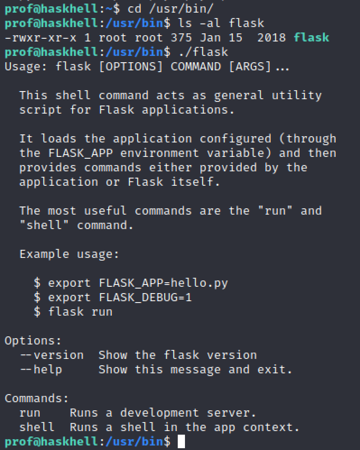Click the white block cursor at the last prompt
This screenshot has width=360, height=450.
[x=181, y=441]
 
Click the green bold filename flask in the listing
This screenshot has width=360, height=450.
[x=311, y=37]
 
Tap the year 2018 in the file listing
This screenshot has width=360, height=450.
[x=272, y=37]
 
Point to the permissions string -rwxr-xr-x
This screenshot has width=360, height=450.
[x=41, y=37]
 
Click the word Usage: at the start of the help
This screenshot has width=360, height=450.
[x=26, y=67]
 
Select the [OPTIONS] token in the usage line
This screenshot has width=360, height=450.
[x=131, y=67]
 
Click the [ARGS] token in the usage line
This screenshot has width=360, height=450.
[x=250, y=67]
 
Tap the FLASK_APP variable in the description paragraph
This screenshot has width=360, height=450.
[x=80, y=153]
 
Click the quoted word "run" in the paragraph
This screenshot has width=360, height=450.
[x=275, y=211]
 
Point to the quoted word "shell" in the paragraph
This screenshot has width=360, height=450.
[x=44, y=225]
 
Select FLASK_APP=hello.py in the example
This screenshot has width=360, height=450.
[x=163, y=283]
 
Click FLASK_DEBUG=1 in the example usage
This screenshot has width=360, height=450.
[x=145, y=298]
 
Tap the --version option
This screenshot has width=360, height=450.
[x=52, y=355]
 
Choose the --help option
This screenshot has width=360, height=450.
[x=41, y=370]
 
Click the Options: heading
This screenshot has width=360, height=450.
[x=33, y=341]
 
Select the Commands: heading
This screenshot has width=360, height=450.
[x=37, y=399]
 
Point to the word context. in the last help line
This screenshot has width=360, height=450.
[x=271, y=427]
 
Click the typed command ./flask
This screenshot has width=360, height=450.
[x=203, y=52]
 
